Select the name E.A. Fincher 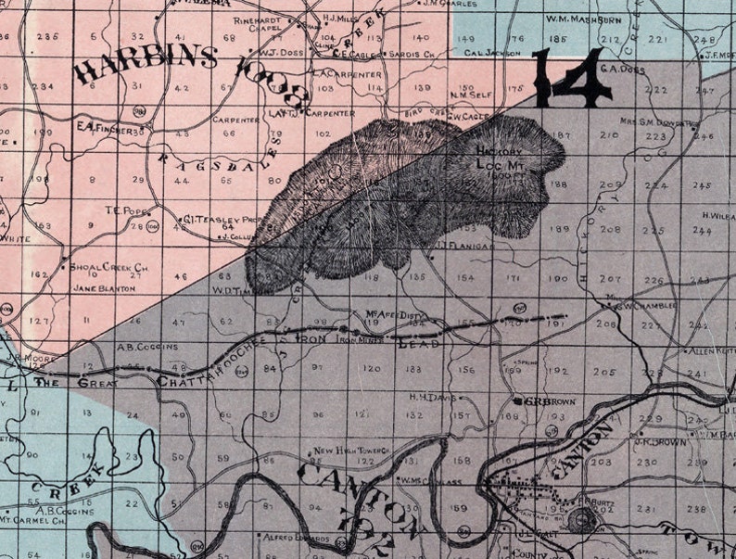click(100, 128)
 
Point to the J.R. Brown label click(660, 442)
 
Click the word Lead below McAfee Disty click(417, 343)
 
